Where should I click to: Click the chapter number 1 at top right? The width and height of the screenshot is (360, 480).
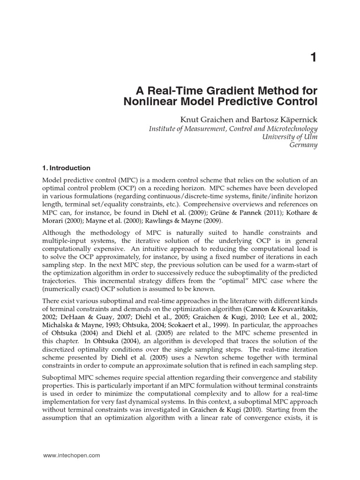click(x=313, y=58)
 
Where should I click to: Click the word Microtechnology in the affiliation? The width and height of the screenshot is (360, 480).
click(x=291, y=128)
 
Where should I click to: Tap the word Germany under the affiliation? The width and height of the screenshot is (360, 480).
click(x=304, y=145)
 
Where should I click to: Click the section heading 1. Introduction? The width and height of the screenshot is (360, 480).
click(x=67, y=168)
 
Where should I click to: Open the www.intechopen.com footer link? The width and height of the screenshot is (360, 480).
click(x=72, y=456)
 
